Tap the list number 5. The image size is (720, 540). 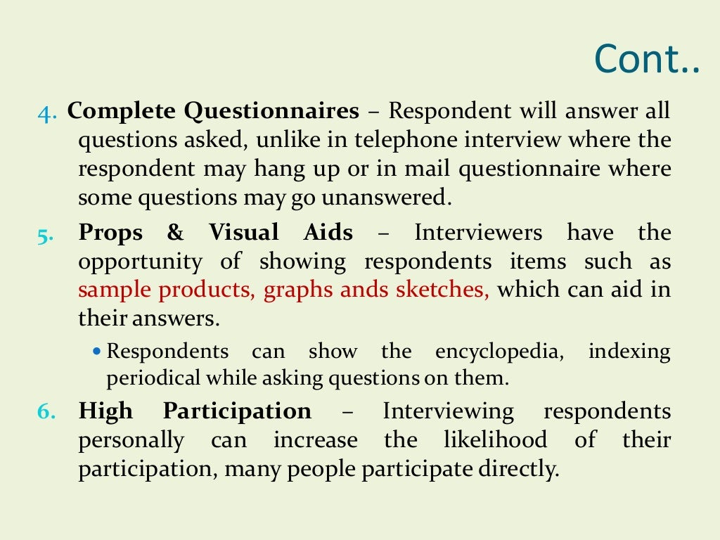pyautogui.click(x=46, y=233)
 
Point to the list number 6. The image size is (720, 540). pyautogui.click(x=46, y=412)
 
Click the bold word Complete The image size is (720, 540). pyautogui.click(x=121, y=111)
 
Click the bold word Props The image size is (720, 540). pyautogui.click(x=111, y=232)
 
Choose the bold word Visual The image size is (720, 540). pyautogui.click(x=243, y=232)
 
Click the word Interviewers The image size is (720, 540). pyautogui.click(x=478, y=232)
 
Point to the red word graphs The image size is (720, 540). pyautogui.click(x=296, y=290)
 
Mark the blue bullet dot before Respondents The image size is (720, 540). pyautogui.click(x=97, y=350)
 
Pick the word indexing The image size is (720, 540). pyautogui.click(x=629, y=351)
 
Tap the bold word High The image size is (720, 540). pyautogui.click(x=105, y=411)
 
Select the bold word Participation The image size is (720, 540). pyautogui.click(x=237, y=411)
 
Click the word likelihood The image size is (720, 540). pyautogui.click(x=495, y=440)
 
